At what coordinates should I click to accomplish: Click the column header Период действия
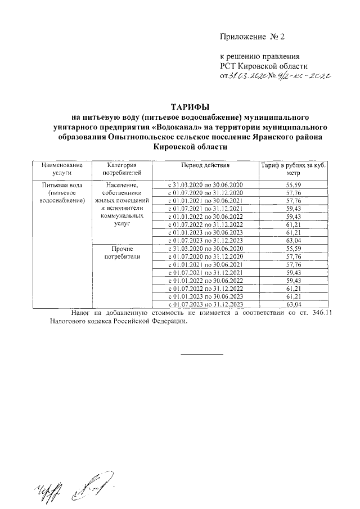(205, 166)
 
